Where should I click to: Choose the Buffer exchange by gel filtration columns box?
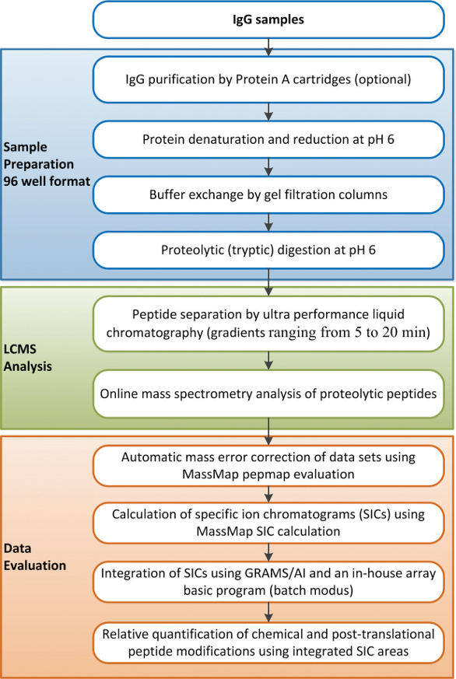268,194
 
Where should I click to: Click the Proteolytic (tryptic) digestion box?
268,250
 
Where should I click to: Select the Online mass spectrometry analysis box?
268,393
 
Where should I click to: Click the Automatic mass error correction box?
268,464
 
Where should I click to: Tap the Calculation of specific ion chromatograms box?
268,522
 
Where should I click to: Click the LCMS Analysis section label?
29,359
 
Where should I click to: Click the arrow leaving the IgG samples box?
268,47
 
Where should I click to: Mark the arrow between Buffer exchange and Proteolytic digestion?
268,222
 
